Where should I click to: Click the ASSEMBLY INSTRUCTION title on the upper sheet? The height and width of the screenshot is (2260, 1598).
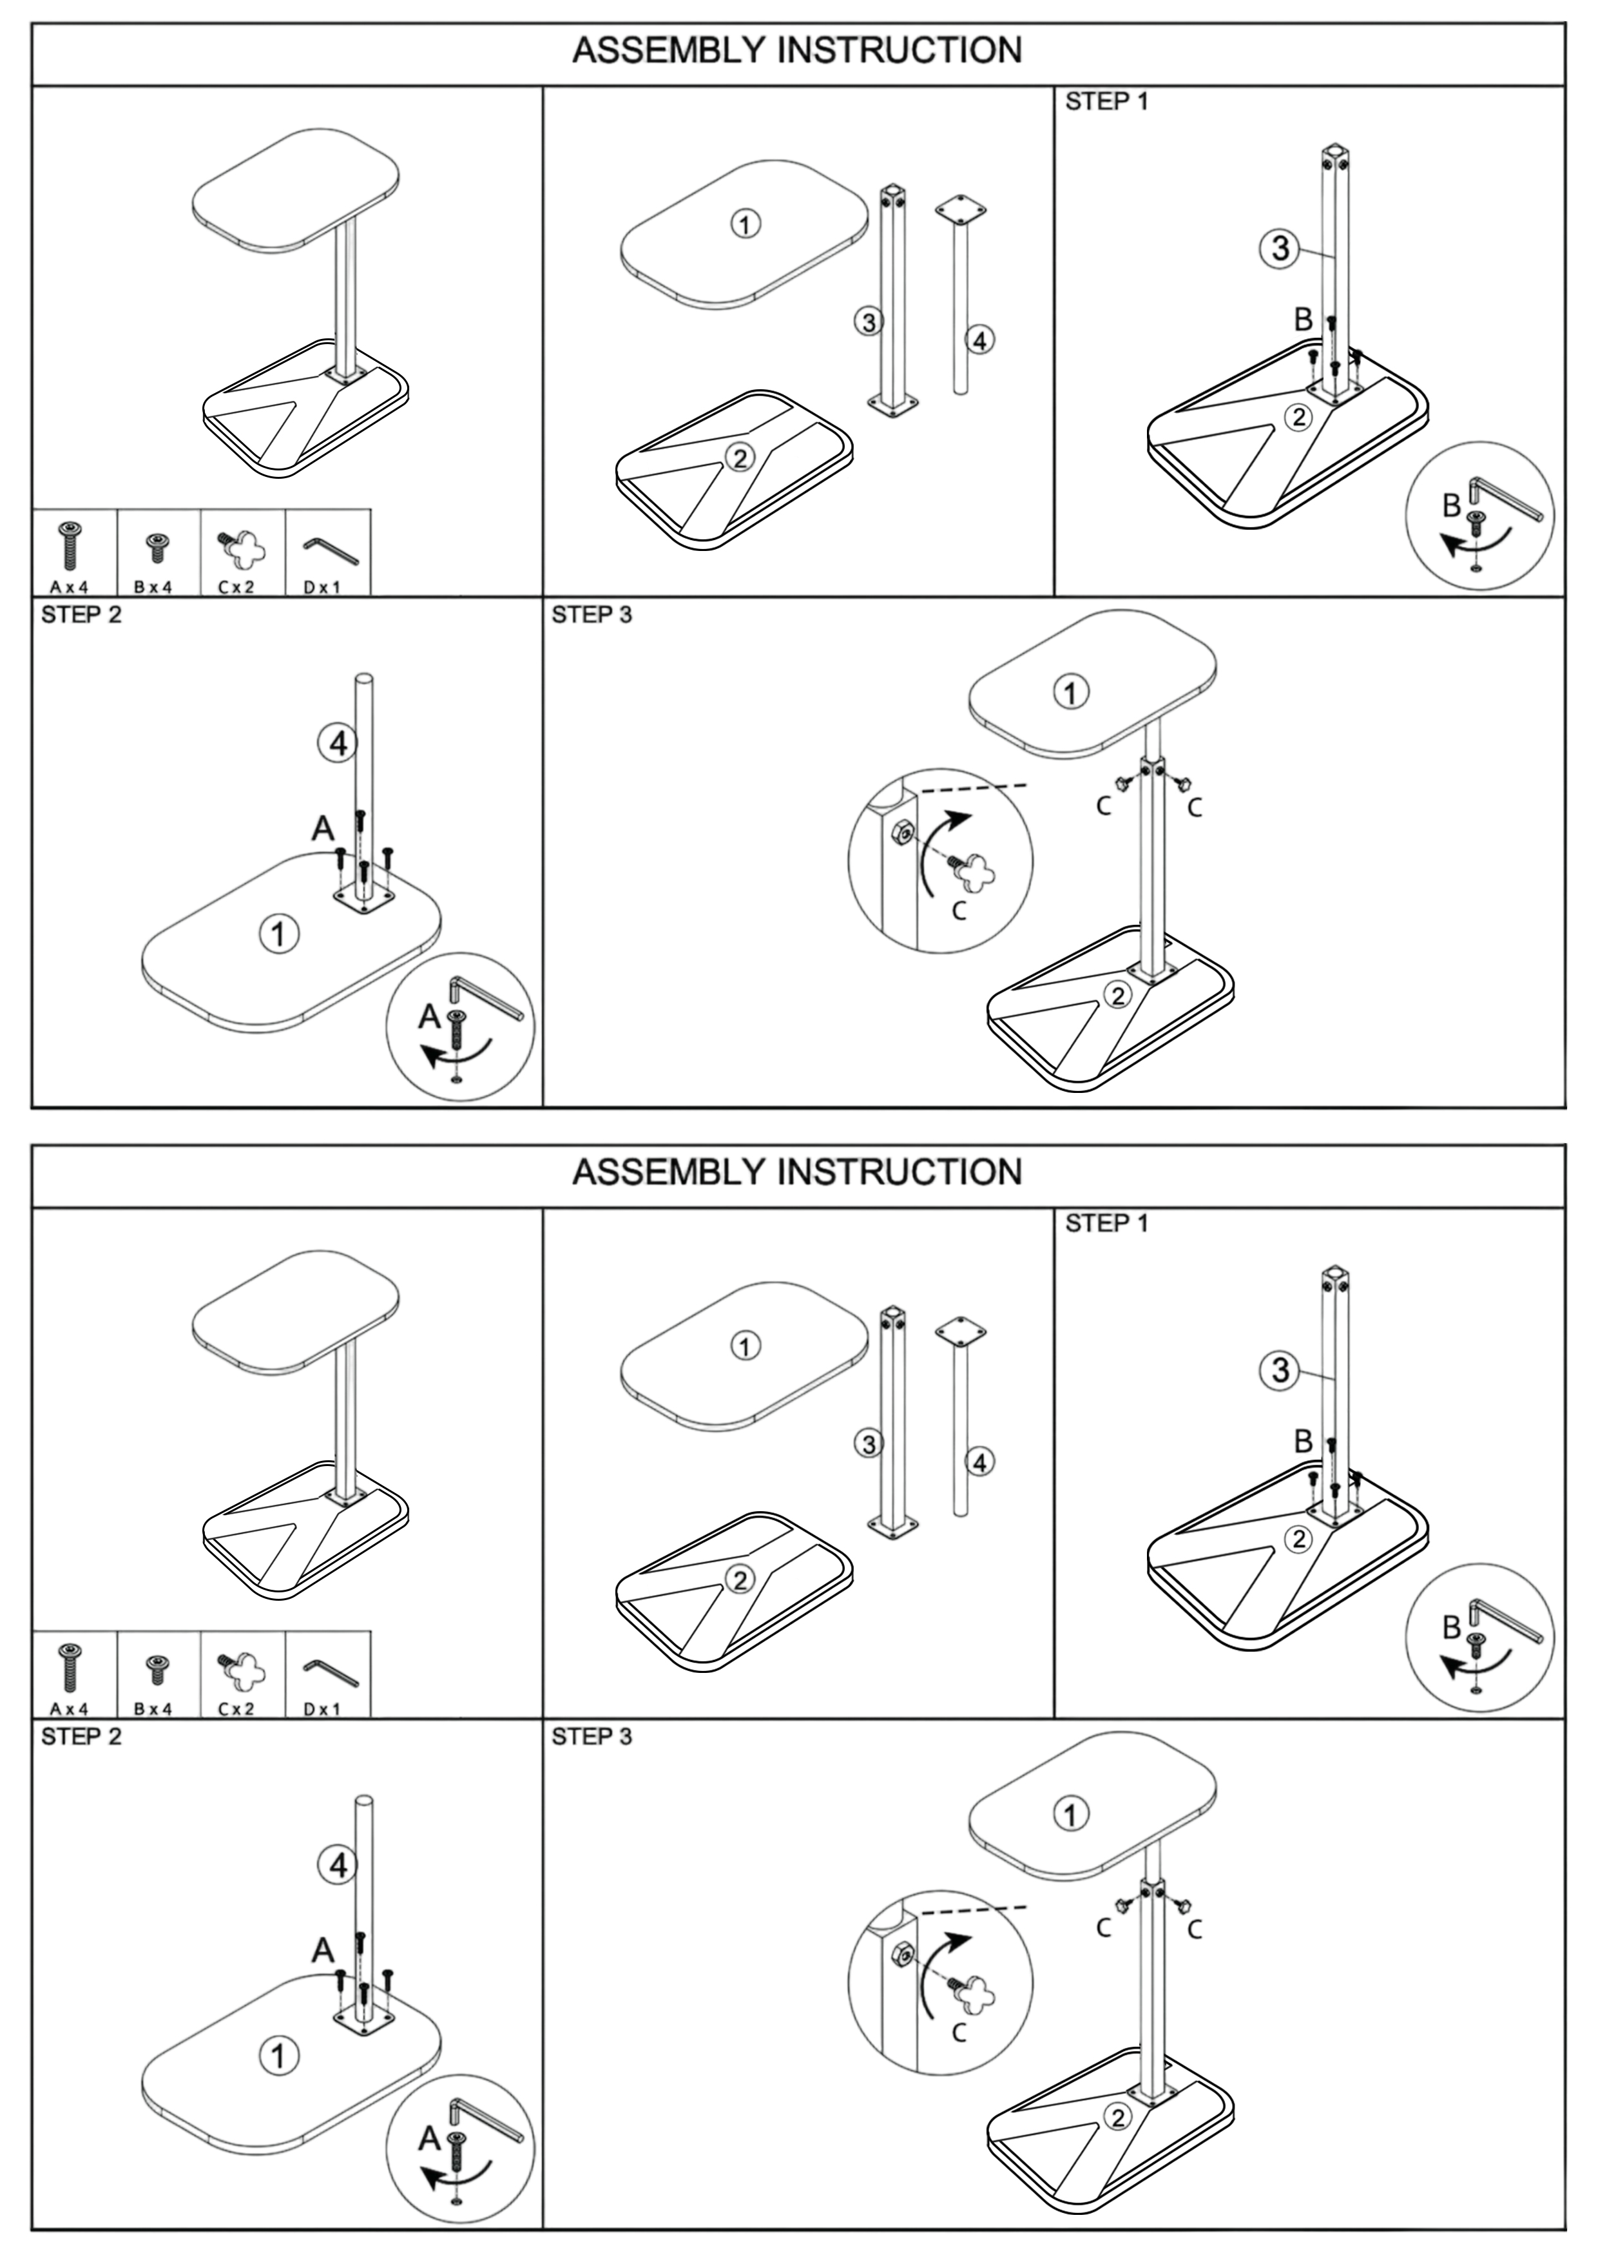tap(797, 51)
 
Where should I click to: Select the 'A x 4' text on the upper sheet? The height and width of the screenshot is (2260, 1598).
tap(69, 586)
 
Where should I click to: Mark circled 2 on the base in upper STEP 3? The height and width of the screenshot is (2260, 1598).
tap(1117, 995)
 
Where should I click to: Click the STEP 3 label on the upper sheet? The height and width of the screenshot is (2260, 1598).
tap(592, 615)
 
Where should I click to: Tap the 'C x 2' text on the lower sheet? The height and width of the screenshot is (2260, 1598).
tap(236, 1709)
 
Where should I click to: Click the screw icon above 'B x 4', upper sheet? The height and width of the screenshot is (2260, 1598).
tap(155, 545)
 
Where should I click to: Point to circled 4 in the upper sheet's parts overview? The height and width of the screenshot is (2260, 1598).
tap(979, 340)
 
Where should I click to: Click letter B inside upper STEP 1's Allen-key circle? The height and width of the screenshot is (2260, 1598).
tap(1451, 506)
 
